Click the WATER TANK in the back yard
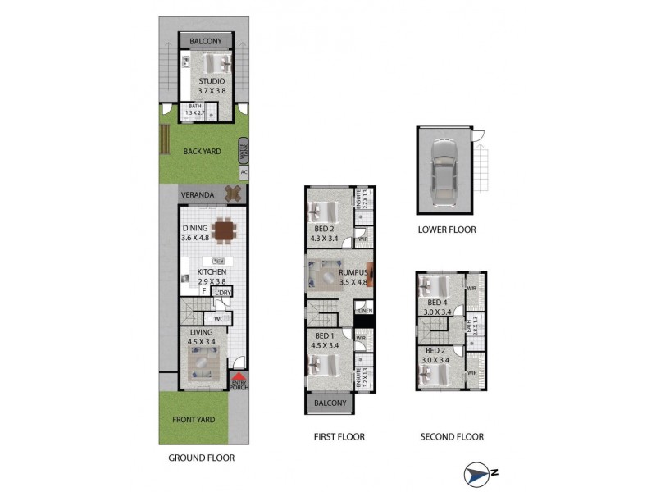pos(243,150)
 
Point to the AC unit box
pos(244,173)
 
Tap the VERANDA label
pos(198,195)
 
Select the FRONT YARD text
pos(194,420)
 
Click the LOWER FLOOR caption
pos(446,230)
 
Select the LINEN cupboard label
pos(365,310)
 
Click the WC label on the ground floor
pos(219,318)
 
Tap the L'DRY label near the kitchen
pos(222,293)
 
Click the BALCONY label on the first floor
pos(330,403)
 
